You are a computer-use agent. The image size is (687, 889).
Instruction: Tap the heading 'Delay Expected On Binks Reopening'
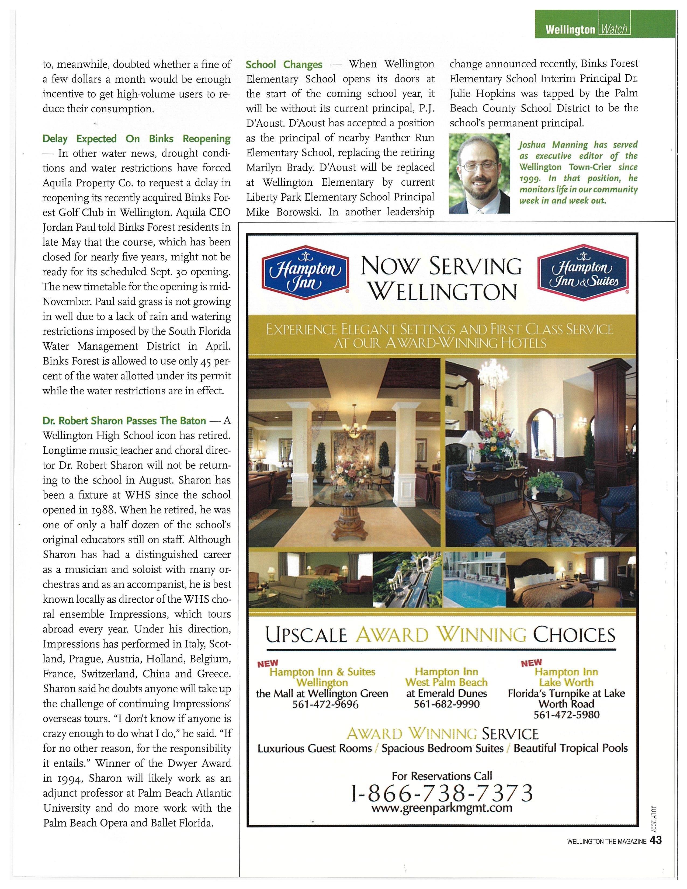[136, 139]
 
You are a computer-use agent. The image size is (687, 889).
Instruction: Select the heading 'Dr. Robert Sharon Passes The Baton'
[124, 421]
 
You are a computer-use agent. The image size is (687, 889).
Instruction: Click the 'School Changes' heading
[284, 65]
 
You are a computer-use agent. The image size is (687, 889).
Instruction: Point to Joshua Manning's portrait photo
[479, 174]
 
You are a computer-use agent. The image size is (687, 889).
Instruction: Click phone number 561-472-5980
[566, 715]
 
